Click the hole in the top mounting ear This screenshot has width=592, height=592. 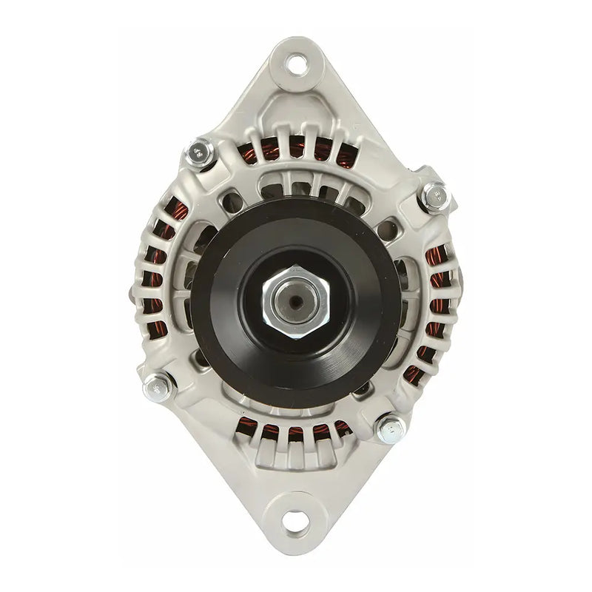click(x=297, y=63)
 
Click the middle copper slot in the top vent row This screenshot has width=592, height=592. click(x=297, y=150)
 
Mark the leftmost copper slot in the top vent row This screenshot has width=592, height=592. click(x=250, y=156)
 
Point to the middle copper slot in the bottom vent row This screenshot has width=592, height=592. click(x=296, y=433)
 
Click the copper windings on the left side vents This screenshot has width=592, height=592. click(x=157, y=281)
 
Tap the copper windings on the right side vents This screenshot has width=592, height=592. click(x=437, y=289)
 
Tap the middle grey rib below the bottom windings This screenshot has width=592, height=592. click(x=296, y=455)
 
